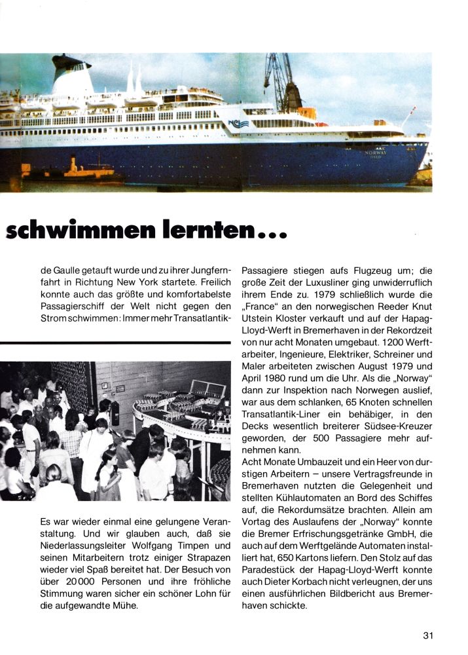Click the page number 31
point(428,635)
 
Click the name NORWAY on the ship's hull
point(376,152)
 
